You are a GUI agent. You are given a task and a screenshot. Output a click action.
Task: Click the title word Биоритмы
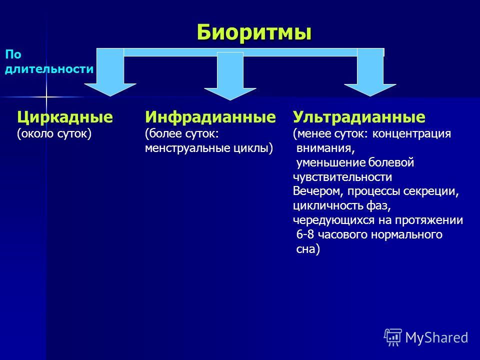[x=254, y=32]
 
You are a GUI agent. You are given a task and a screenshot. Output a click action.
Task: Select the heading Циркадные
[x=65, y=117]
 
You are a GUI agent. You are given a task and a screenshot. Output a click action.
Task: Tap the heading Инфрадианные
[x=210, y=117]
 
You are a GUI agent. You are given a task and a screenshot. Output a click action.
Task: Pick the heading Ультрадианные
[x=359, y=117]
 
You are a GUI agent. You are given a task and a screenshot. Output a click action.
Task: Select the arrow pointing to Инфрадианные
[x=230, y=76]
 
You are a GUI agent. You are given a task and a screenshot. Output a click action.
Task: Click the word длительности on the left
[x=49, y=69]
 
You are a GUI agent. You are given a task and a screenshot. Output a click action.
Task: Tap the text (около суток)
[x=54, y=134]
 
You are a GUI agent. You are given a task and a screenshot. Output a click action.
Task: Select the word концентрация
[x=411, y=134]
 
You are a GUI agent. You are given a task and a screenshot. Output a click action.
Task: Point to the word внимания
[x=325, y=148]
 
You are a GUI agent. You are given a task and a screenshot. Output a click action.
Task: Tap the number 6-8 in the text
[x=305, y=235]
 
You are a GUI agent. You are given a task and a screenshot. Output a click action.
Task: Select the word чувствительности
[x=342, y=177]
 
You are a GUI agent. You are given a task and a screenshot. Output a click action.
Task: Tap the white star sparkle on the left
[x=46, y=97]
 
